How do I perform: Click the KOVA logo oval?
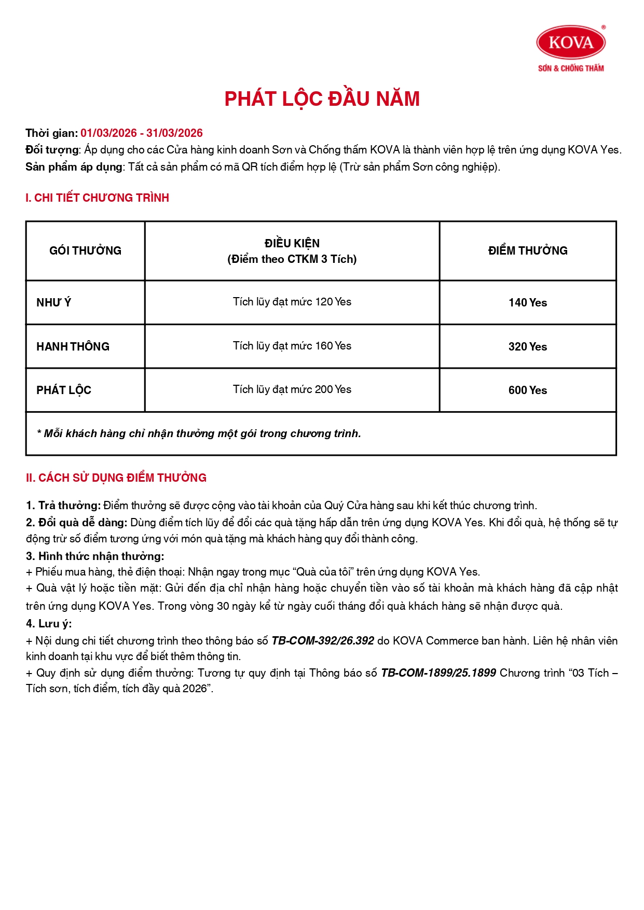click(571, 43)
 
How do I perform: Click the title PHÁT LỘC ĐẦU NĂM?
click(322, 99)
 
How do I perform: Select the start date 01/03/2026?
click(108, 133)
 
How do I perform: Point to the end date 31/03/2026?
click(174, 133)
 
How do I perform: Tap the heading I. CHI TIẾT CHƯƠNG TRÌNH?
click(98, 198)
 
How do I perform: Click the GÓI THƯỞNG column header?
click(85, 251)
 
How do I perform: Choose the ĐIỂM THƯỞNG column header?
click(528, 251)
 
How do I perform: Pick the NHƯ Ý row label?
click(54, 303)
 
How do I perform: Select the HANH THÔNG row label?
click(73, 347)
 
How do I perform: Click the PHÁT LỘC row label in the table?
click(64, 390)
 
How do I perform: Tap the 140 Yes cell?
click(528, 303)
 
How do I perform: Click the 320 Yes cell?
click(528, 347)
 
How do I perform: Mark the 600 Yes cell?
click(528, 390)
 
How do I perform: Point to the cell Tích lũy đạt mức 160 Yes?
click(292, 346)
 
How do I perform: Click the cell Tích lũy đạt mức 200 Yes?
click(292, 389)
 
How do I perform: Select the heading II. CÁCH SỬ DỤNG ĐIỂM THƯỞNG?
click(116, 478)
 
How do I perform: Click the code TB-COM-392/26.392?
click(323, 641)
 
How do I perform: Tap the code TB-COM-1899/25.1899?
click(439, 673)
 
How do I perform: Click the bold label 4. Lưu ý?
click(49, 624)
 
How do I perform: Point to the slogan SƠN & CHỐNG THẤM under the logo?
click(571, 68)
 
